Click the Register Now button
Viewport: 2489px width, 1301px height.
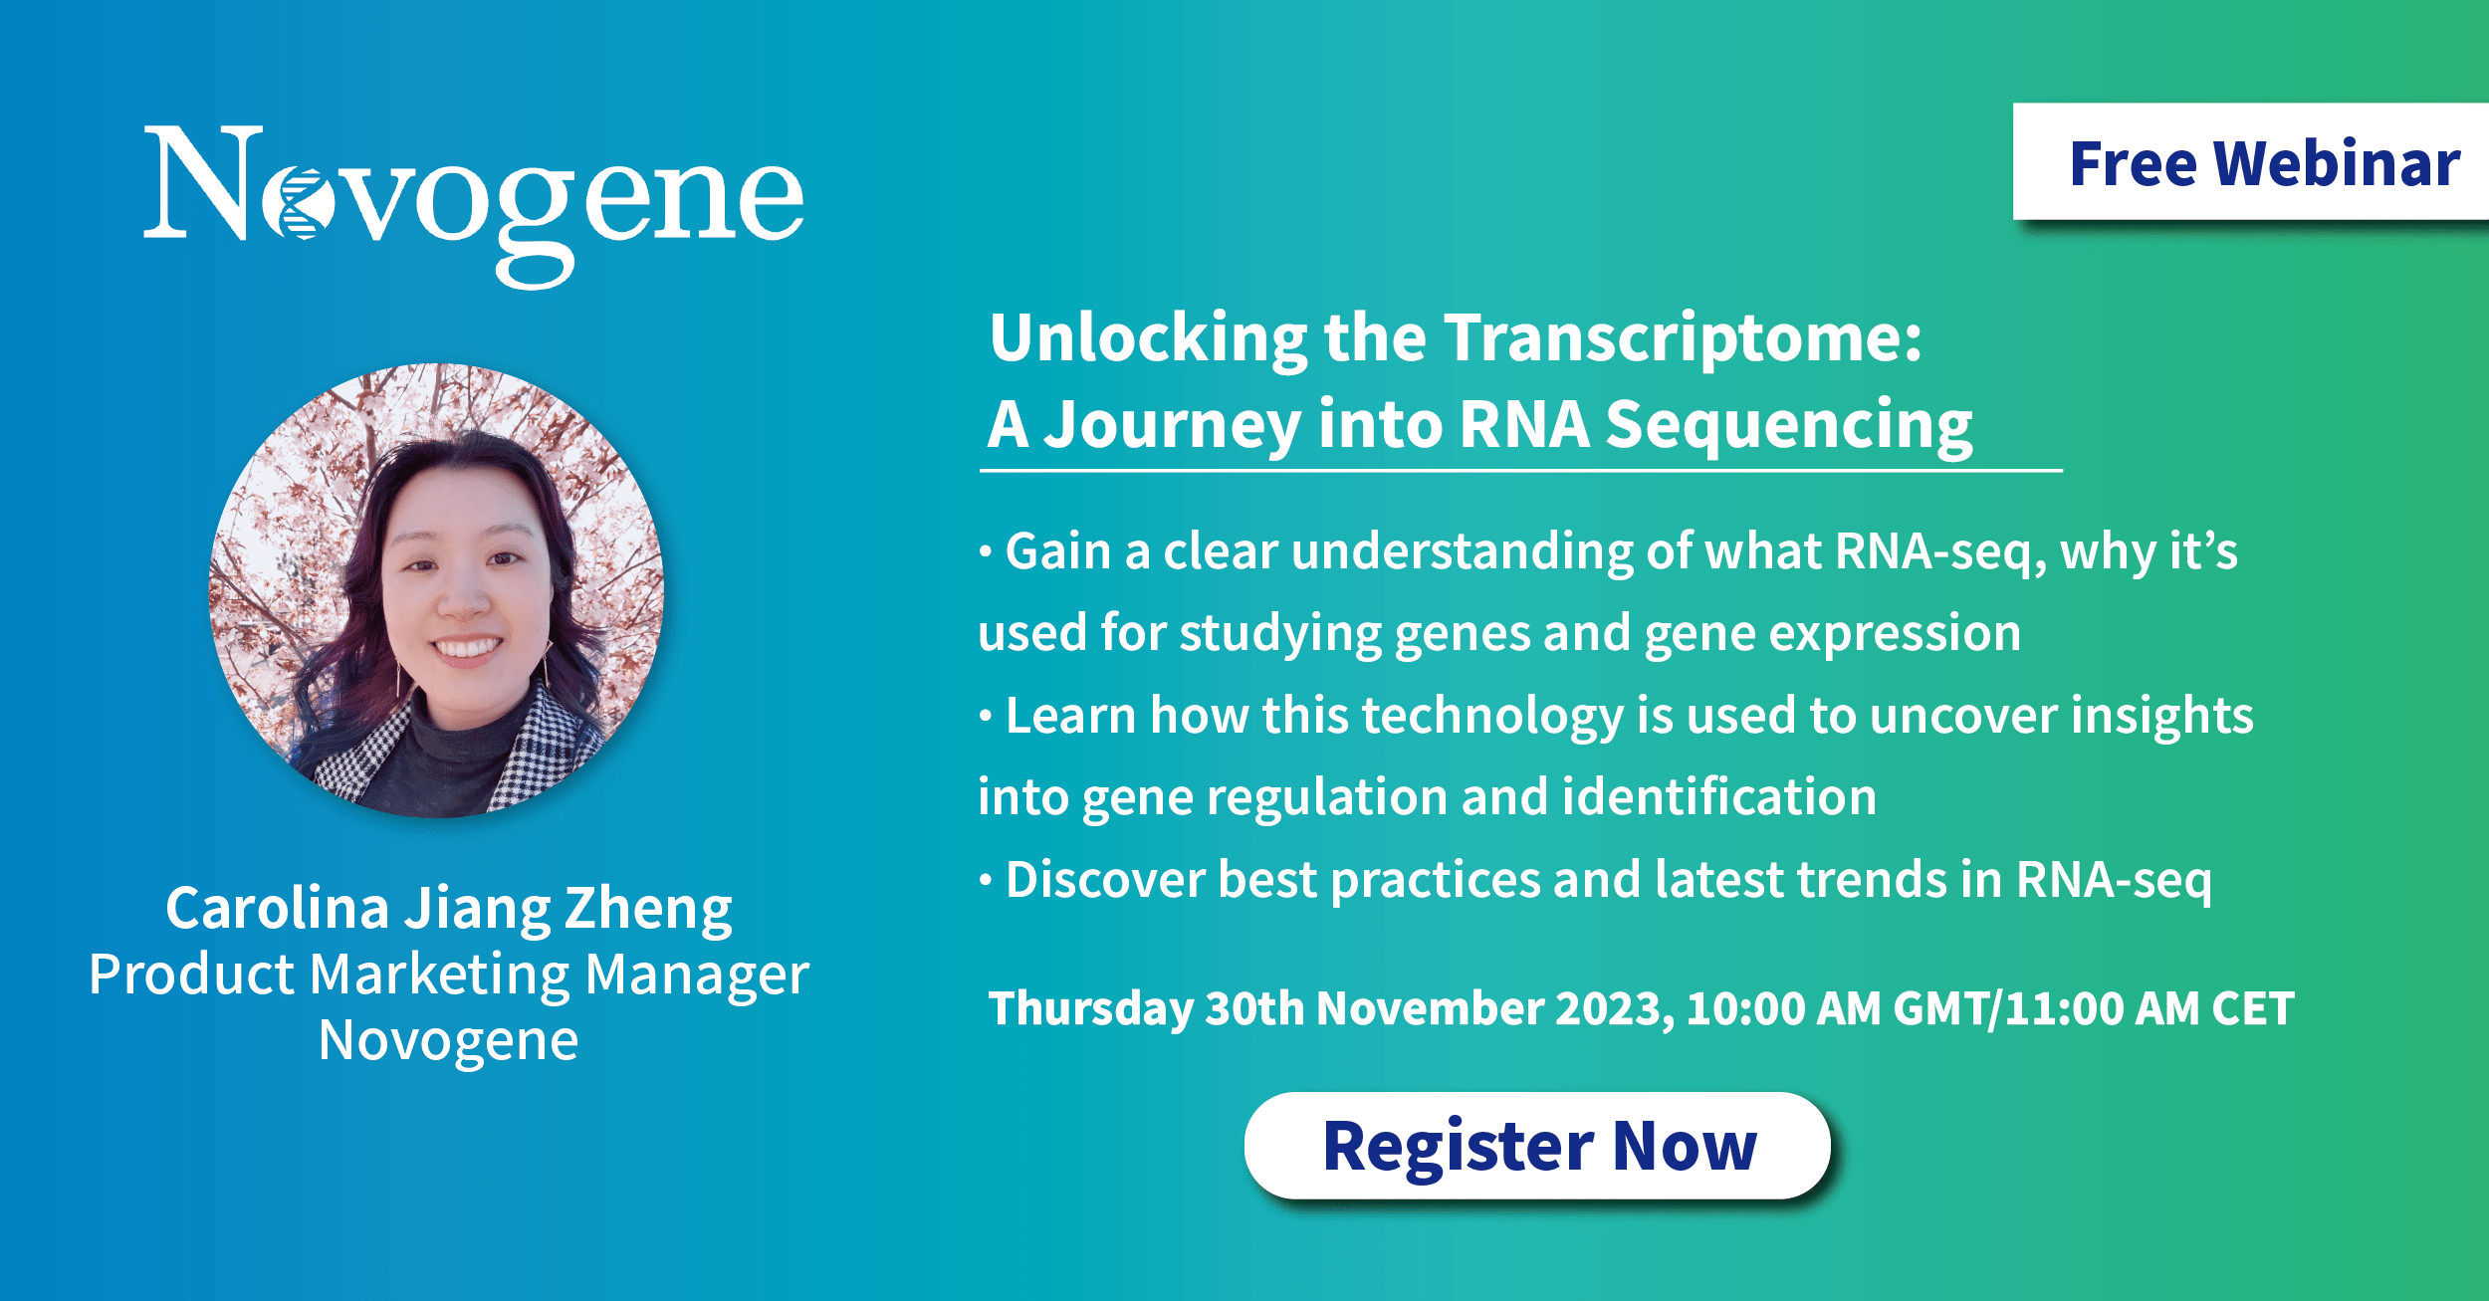coord(1538,1146)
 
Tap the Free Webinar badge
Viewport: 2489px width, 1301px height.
coord(2251,161)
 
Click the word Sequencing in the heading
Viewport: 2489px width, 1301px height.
coord(1789,425)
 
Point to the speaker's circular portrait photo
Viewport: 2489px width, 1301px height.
coord(437,590)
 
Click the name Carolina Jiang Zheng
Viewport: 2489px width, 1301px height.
coord(449,909)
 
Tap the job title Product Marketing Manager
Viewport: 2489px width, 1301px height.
coord(449,975)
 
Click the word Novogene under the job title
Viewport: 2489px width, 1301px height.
coord(449,1041)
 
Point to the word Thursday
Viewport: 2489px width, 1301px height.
coord(1091,1008)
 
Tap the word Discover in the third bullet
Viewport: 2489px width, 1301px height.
coord(1105,880)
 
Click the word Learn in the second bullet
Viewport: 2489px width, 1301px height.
coord(1071,716)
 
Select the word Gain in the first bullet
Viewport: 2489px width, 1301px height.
coord(1057,551)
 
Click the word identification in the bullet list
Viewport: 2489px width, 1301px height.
coord(1719,797)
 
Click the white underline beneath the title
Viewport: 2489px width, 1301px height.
coord(1521,470)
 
